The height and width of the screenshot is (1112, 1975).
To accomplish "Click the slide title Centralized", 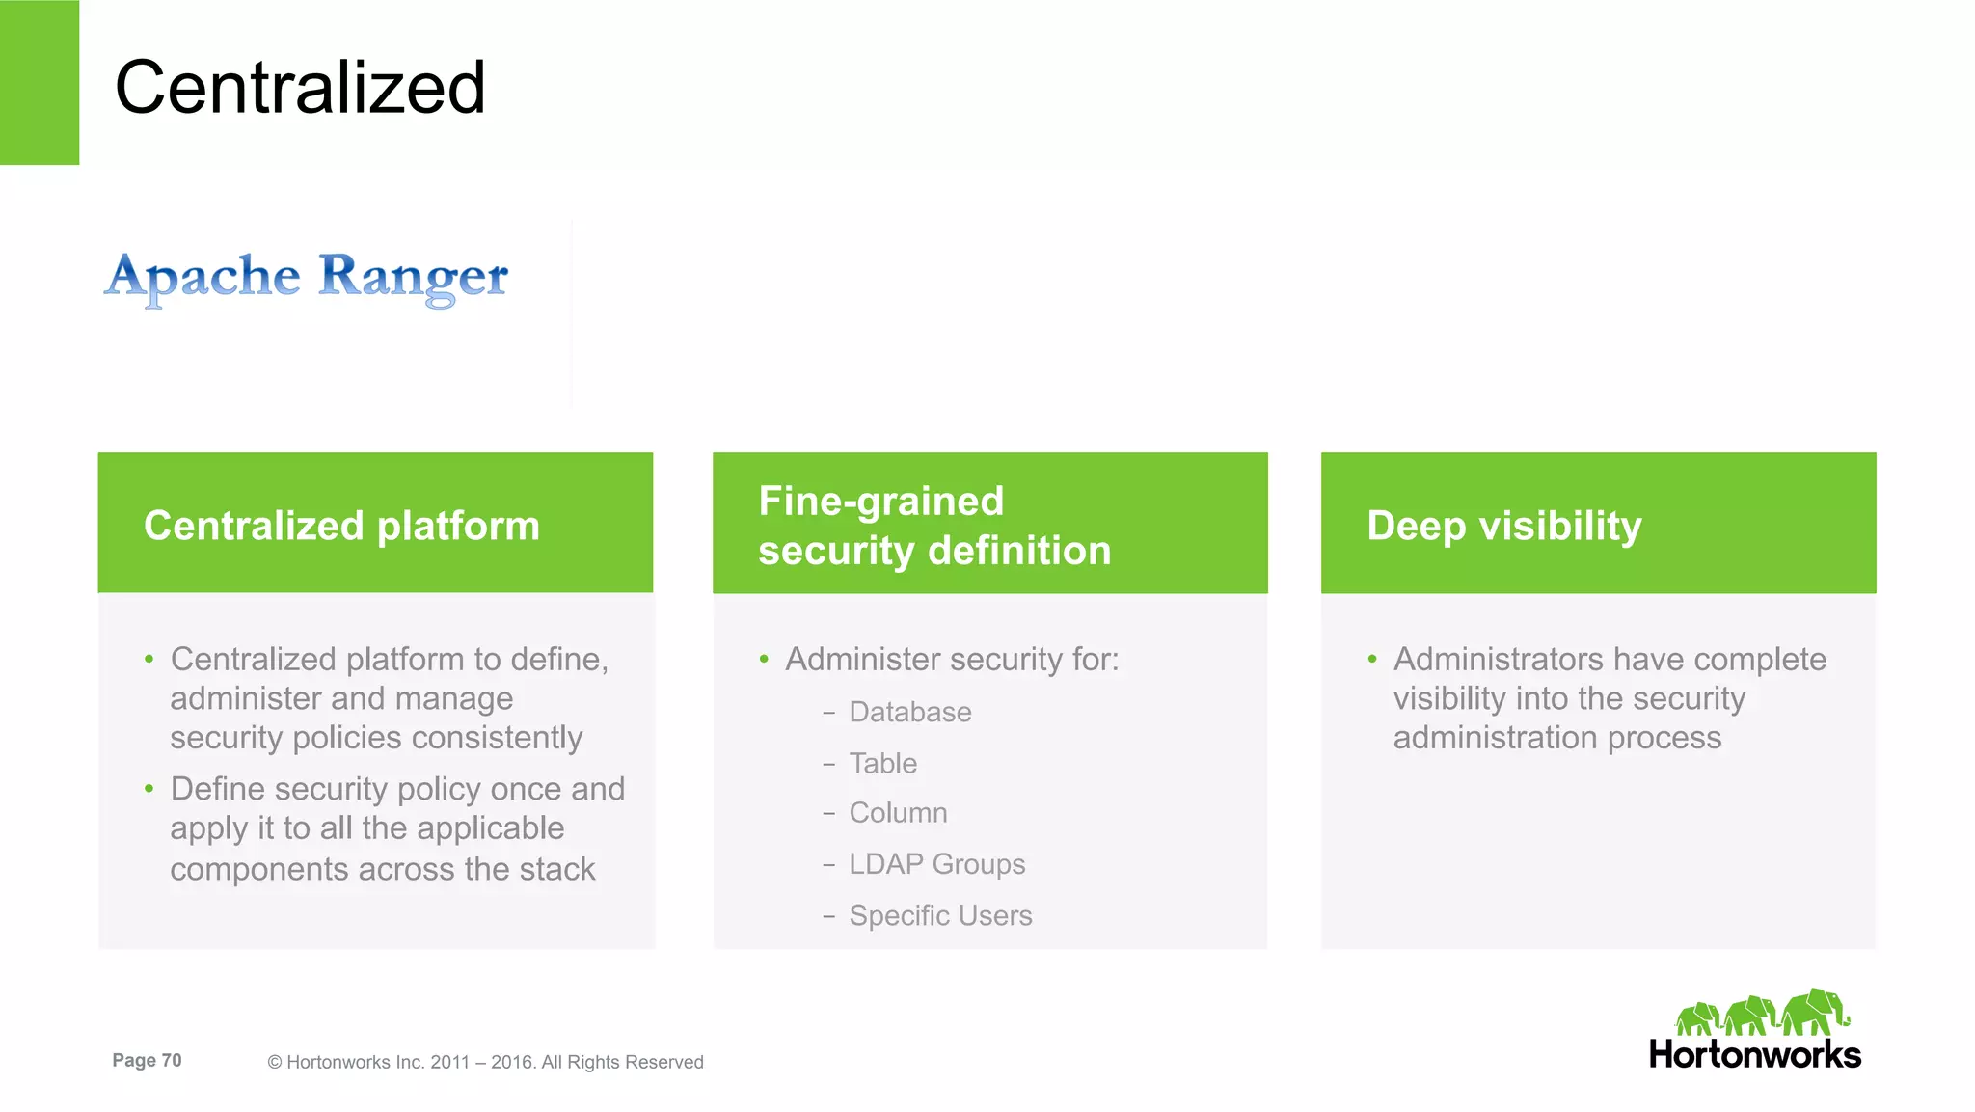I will pyautogui.click(x=300, y=88).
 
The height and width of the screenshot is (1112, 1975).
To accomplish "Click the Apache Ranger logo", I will pyautogui.click(x=307, y=278).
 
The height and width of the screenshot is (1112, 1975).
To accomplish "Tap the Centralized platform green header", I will pyautogui.click(x=375, y=523).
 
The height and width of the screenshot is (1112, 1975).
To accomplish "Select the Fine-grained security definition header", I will pyautogui.click(x=989, y=524).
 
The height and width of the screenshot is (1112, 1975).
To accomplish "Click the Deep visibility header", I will pyautogui.click(x=1598, y=524).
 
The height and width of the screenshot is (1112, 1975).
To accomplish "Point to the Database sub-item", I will pyautogui.click(x=909, y=713).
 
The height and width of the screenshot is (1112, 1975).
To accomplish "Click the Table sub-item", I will pyautogui.click(x=882, y=764).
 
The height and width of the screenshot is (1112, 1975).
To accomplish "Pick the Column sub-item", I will pyautogui.click(x=898, y=813).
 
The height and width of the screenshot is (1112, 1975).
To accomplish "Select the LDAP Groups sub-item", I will pyautogui.click(x=936, y=864).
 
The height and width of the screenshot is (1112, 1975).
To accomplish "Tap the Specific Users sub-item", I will pyautogui.click(x=940, y=915).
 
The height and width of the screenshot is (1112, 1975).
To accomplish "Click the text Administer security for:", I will pyautogui.click(x=952, y=660).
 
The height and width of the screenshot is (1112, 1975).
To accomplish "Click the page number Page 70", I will pyautogui.click(x=147, y=1060).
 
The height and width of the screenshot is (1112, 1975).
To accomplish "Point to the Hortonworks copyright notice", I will pyautogui.click(x=485, y=1062).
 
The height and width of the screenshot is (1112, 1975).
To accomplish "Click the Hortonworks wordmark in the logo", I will pyautogui.click(x=1754, y=1054).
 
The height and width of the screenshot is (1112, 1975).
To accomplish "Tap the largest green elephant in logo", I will pyautogui.click(x=1814, y=1012).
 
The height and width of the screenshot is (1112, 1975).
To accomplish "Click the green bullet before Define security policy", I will pyautogui.click(x=149, y=789).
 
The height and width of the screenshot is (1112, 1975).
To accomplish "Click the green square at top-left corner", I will pyautogui.click(x=40, y=82).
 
